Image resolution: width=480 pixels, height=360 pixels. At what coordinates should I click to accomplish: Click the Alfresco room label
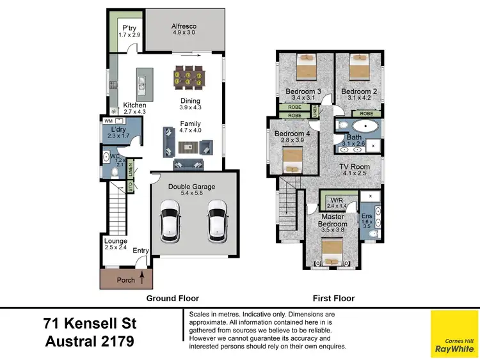183,26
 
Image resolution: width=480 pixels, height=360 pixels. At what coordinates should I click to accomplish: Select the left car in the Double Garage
171,220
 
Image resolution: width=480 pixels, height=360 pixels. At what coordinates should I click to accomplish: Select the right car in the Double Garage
218,220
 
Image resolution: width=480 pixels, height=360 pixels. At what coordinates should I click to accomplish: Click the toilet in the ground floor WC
113,172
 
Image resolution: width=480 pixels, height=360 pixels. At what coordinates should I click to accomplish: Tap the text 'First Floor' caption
333,298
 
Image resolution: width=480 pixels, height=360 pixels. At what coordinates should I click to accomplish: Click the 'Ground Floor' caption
173,298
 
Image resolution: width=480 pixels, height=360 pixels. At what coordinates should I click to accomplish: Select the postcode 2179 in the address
113,341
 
